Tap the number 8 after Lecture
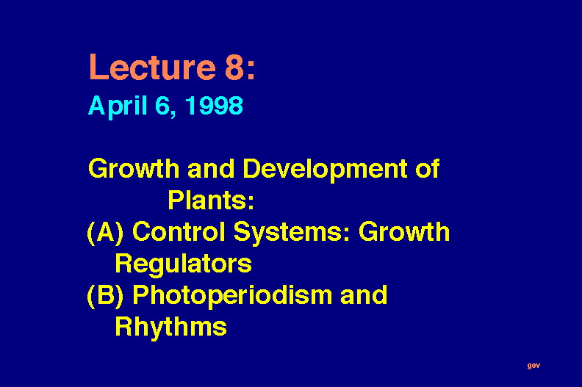(x=235, y=67)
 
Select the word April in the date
(x=118, y=106)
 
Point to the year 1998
(x=214, y=105)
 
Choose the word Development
(x=325, y=170)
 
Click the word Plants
(x=211, y=200)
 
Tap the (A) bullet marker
(x=105, y=233)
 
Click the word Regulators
(x=184, y=264)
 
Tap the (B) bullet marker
(x=105, y=296)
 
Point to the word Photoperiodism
(x=232, y=296)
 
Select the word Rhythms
(x=170, y=327)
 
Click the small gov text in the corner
(x=533, y=366)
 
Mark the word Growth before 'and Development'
(x=134, y=168)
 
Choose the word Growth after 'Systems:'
(x=404, y=231)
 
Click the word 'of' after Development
(x=428, y=168)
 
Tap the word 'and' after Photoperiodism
(x=364, y=295)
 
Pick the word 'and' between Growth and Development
(x=211, y=168)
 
